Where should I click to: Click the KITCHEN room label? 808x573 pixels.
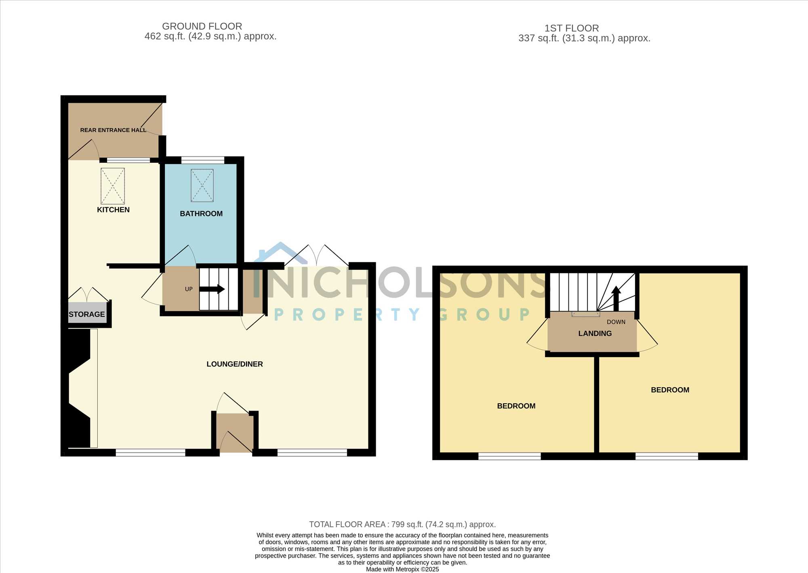tap(113, 210)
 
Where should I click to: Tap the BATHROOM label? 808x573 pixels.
tap(201, 214)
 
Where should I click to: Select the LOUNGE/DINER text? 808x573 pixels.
tap(235, 364)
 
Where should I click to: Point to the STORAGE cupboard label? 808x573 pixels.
tap(87, 314)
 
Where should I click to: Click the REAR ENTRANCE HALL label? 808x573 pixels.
tap(113, 130)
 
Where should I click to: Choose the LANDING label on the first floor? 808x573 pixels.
tap(595, 333)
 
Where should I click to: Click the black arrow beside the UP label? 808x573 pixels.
tap(212, 289)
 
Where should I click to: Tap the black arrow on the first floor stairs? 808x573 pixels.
tap(616, 298)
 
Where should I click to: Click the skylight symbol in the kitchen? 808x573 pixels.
tap(113, 186)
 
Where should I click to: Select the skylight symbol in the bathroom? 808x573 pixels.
tap(202, 185)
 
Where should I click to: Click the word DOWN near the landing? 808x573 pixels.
tap(616, 322)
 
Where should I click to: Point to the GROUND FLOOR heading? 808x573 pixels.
tap(202, 26)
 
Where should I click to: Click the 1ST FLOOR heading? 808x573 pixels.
tap(572, 28)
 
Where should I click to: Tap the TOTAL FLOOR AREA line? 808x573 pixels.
tap(402, 525)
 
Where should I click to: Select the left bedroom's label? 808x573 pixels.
tap(516, 406)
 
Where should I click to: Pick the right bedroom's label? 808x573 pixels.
tap(670, 390)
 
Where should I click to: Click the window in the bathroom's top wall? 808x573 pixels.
tap(203, 160)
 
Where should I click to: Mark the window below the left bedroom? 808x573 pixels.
tap(509, 456)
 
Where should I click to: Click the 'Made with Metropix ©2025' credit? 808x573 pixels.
tap(402, 569)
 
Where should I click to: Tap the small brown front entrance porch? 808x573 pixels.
tap(235, 432)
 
